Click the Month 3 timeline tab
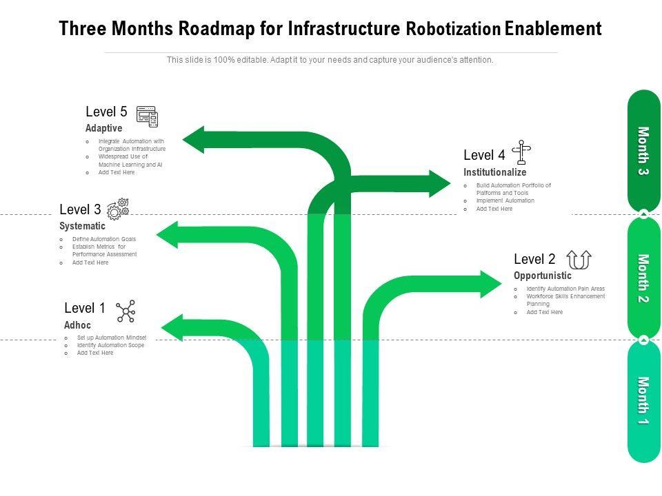click(x=643, y=151)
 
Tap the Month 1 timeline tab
click(x=643, y=400)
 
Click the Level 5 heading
click(x=106, y=112)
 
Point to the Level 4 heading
click(x=484, y=156)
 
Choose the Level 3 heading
click(x=80, y=209)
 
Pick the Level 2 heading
click(x=534, y=260)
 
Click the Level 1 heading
click(x=85, y=308)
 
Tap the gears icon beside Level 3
click(x=118, y=209)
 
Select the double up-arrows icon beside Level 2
click(x=579, y=260)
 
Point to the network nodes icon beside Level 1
click(x=126, y=311)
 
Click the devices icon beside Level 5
click(x=147, y=116)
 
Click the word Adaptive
click(x=103, y=129)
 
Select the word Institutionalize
click(x=494, y=172)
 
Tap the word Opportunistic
click(x=542, y=276)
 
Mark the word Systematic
click(x=82, y=226)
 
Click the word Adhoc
click(x=77, y=325)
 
